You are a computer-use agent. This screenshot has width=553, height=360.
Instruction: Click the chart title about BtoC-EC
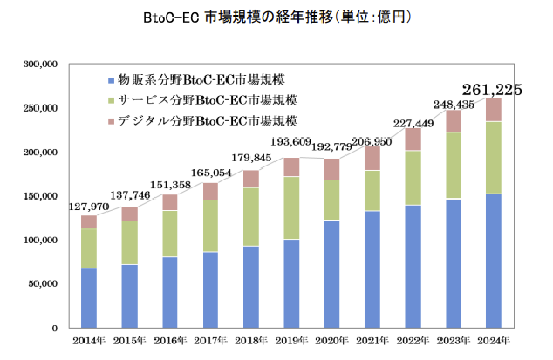[276, 17]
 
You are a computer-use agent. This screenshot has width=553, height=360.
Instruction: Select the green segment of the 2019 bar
[290, 207]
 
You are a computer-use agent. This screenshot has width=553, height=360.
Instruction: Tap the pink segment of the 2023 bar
[453, 120]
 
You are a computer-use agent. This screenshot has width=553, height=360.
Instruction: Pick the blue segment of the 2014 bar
[89, 297]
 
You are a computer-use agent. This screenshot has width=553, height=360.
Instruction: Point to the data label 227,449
[413, 123]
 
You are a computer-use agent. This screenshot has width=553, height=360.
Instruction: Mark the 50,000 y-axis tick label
[44, 283]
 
